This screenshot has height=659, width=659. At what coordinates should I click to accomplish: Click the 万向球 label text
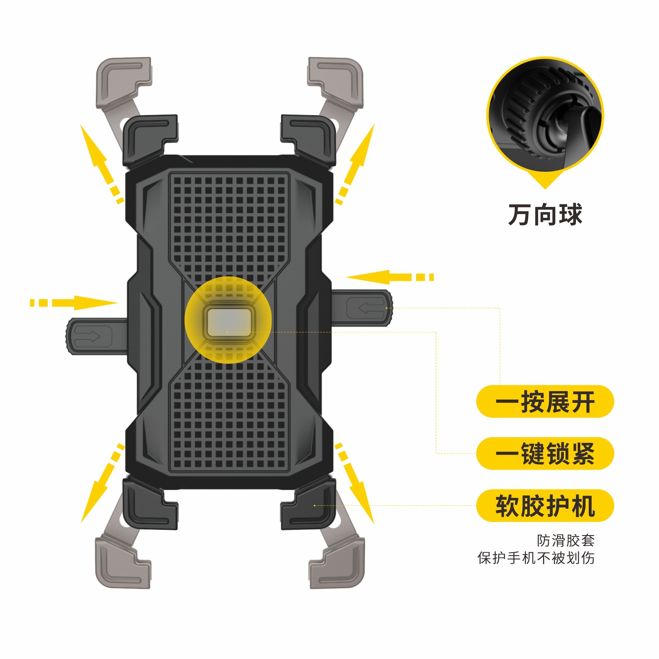pyautogui.click(x=545, y=215)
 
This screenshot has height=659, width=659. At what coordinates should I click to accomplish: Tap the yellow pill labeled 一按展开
pyautogui.click(x=545, y=402)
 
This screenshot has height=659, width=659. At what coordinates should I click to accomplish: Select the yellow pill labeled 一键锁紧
pyautogui.click(x=545, y=453)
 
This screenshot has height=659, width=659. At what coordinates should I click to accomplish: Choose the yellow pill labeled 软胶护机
pyautogui.click(x=545, y=506)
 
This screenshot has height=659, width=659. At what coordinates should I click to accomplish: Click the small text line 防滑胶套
pyautogui.click(x=565, y=540)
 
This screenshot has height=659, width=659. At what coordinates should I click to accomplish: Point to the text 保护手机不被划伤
pyautogui.click(x=536, y=558)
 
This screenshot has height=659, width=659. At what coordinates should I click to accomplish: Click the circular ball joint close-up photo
pyautogui.click(x=545, y=115)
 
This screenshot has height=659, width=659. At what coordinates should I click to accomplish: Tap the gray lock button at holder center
pyautogui.click(x=228, y=322)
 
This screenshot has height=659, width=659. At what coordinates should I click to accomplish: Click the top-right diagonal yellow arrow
pyautogui.click(x=356, y=163)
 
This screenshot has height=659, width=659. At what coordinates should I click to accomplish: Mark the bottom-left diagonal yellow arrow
pyautogui.click(x=101, y=483)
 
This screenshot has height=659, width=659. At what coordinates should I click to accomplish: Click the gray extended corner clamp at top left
pyautogui.click(x=123, y=81)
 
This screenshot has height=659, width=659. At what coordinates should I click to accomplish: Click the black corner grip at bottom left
pyautogui.click(x=149, y=505)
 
